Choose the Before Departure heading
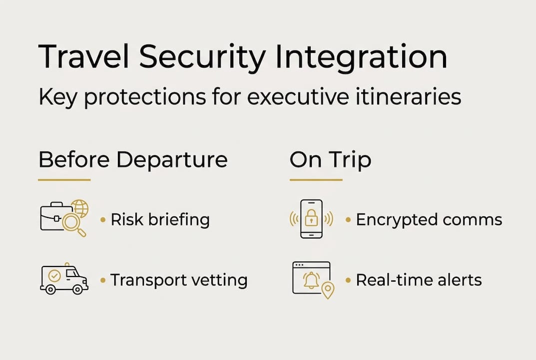coord(133,160)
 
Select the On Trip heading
coord(330,160)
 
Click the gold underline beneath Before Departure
coord(64,179)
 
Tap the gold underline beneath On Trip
coord(316,179)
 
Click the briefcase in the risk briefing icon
coord(52,216)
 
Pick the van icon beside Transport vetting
coord(64,279)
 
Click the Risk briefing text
coord(160,219)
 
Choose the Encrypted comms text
coord(429,219)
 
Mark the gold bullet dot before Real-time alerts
coord(348,280)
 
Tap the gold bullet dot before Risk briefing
coord(103,219)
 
